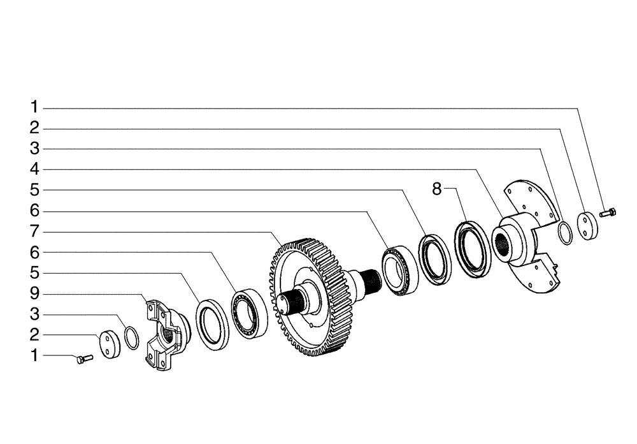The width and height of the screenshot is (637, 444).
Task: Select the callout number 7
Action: (x=34, y=231)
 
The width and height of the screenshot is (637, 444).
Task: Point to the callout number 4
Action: (x=34, y=170)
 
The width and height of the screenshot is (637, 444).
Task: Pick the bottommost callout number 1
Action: (x=34, y=355)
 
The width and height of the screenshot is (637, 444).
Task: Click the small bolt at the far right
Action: (x=608, y=212)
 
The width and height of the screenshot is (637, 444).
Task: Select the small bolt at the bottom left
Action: (x=83, y=360)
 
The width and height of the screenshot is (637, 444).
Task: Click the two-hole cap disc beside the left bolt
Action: (x=109, y=344)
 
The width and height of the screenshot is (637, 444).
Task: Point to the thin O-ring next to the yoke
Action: (x=131, y=337)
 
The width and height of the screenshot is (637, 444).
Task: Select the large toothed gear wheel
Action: (x=309, y=297)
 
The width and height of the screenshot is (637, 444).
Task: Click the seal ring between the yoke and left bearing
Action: (x=212, y=325)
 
